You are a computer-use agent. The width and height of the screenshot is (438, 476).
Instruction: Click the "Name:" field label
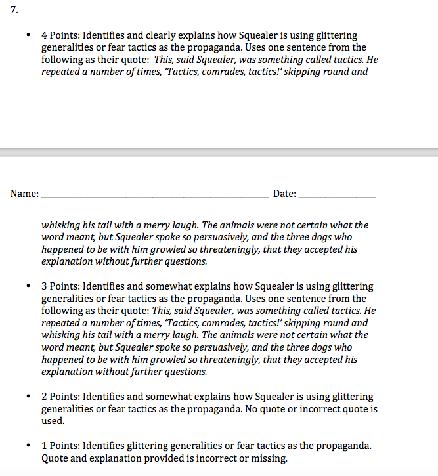point(24,194)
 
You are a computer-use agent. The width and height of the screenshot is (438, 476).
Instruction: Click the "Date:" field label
point(284,194)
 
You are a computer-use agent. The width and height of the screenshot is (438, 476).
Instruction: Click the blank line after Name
point(154,196)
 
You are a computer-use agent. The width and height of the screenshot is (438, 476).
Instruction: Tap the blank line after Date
point(338,196)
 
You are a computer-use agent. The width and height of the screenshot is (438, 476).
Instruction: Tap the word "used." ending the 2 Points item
point(53,421)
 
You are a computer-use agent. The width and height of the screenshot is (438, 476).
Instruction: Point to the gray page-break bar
point(219,152)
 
